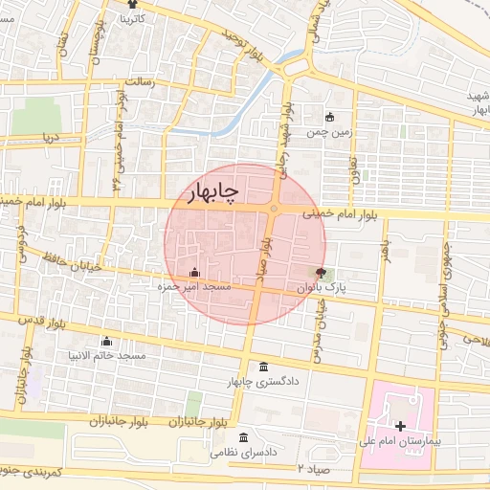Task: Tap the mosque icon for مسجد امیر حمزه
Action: point(195,272)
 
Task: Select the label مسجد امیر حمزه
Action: point(195,286)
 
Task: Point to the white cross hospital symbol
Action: point(399,425)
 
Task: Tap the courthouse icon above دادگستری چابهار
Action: point(264,368)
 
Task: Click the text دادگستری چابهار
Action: point(264,383)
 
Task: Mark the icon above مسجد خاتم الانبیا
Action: point(106,342)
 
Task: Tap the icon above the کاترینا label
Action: point(132,5)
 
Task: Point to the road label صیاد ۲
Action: point(314,469)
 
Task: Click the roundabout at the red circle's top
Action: point(274,209)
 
